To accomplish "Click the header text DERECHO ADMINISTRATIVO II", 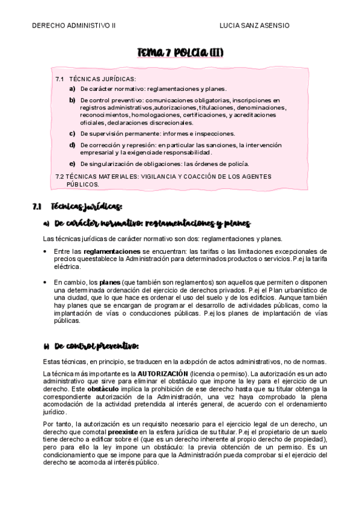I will (73, 26).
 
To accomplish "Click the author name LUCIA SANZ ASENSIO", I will (255, 26).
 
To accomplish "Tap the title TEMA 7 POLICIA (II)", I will (180, 54).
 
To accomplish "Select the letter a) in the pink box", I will (73, 88).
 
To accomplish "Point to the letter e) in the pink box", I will (73, 164).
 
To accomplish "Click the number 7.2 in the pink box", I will (59, 176).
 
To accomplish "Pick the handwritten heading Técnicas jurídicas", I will (87, 207).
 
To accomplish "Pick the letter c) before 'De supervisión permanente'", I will (73, 134).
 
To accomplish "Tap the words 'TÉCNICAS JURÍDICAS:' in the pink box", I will (103, 79).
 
